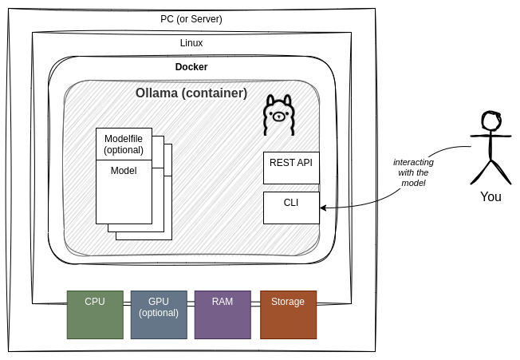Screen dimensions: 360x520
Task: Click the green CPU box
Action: coord(95,315)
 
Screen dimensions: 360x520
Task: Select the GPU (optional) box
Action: coord(159,315)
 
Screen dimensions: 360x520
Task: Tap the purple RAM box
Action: coord(223,315)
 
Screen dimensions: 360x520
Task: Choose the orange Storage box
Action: coord(288,315)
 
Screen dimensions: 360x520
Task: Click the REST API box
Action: coord(291,168)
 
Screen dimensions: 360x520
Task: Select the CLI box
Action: coord(291,208)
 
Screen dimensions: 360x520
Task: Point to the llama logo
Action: coord(278,115)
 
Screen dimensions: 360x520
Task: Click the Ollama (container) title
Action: coord(191,93)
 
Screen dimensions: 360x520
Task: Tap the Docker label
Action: coord(191,67)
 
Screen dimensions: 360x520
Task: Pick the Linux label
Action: coord(191,43)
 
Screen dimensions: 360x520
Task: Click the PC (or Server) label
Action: coord(191,19)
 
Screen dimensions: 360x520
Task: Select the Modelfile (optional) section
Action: coord(124,144)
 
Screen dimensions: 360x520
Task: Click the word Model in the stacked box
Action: coord(124,171)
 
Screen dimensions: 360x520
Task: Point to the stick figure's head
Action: coord(490,121)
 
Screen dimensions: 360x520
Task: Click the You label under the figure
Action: coord(490,196)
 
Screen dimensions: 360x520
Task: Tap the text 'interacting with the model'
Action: coord(413,172)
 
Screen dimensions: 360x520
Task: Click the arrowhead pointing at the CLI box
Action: coord(323,208)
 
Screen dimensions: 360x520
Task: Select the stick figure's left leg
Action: coord(480,172)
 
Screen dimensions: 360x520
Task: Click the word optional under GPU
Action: coord(159,313)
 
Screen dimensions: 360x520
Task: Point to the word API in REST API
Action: coord(304,162)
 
